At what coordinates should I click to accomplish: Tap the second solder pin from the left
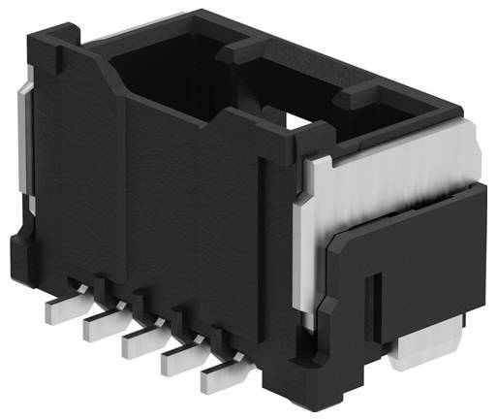98,325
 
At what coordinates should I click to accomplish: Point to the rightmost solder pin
219,379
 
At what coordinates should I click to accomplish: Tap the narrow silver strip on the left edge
26,145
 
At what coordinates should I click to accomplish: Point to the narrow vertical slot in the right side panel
374,301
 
